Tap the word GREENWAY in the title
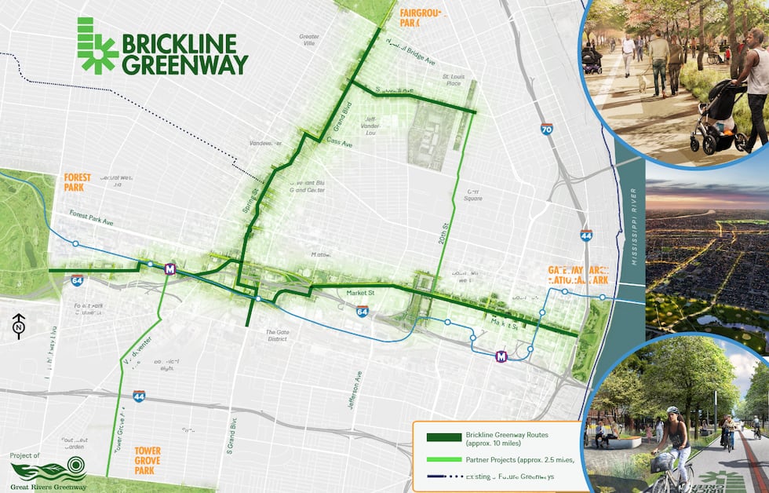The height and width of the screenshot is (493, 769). pyautogui.click(x=184, y=64)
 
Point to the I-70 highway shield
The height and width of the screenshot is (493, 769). pyautogui.click(x=546, y=130)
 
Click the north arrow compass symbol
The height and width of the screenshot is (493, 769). pyautogui.click(x=19, y=327)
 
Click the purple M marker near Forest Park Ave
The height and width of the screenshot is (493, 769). pyautogui.click(x=169, y=269)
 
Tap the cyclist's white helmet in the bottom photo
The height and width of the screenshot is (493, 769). pyautogui.click(x=672, y=410)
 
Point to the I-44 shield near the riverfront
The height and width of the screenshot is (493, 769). pyautogui.click(x=586, y=235)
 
